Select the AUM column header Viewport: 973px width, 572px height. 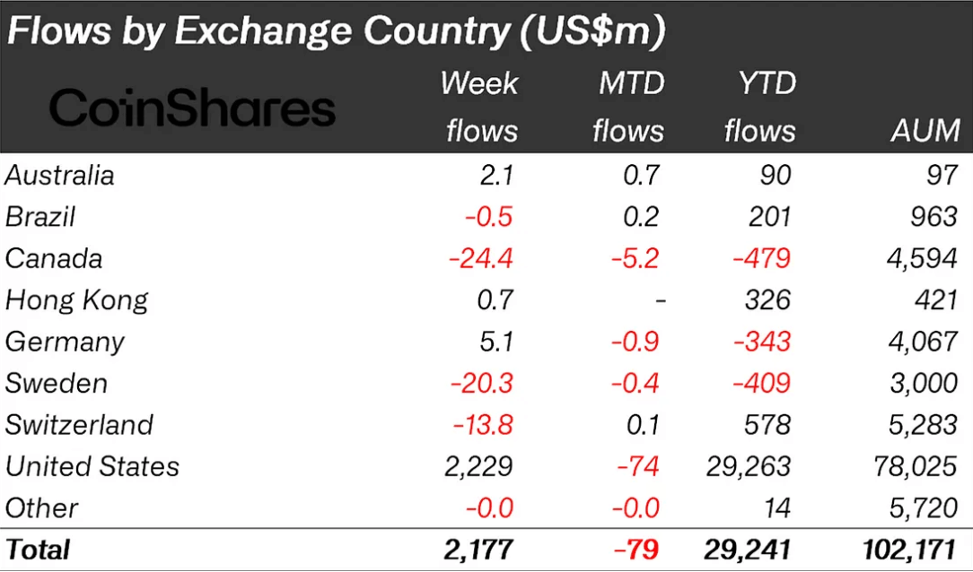(x=925, y=131)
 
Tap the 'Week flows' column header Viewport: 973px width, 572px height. (x=480, y=108)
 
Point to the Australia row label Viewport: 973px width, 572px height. (x=59, y=175)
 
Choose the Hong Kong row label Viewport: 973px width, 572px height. (x=76, y=299)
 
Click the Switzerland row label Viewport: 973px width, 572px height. (x=79, y=424)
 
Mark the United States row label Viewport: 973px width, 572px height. (x=92, y=466)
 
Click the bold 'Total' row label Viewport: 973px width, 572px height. (x=38, y=548)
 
